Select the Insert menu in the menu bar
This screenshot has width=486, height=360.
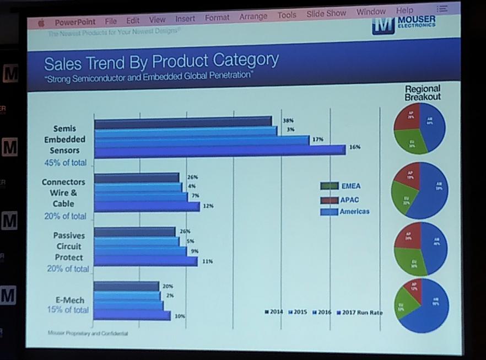(185, 18)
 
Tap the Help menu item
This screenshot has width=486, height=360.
(404, 10)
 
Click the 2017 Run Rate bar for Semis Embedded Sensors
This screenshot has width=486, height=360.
(220, 149)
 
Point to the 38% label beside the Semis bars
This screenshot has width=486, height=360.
(288, 120)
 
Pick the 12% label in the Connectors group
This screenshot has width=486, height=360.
(208, 206)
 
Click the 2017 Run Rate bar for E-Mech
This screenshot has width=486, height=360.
(132, 315)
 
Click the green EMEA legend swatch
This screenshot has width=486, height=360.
(328, 186)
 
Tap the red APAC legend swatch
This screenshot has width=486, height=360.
(328, 199)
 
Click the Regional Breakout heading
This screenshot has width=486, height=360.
(423, 93)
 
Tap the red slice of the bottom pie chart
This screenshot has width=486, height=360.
(413, 291)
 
